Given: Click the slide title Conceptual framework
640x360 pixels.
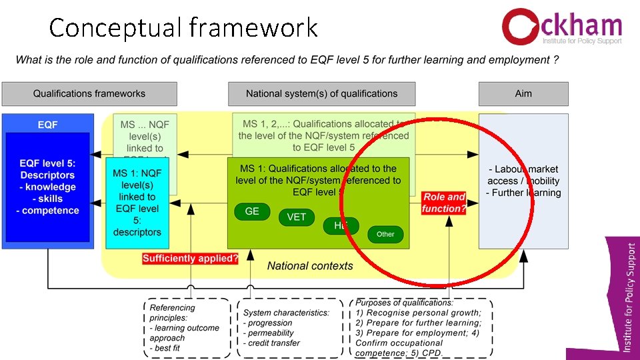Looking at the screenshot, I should [x=183, y=28].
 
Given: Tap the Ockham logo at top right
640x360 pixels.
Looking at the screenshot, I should [x=562, y=27].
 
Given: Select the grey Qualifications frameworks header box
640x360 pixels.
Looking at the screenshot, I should [x=89, y=94].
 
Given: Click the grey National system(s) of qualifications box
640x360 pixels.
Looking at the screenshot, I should [x=321, y=94].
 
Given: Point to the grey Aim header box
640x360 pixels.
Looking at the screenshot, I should [x=523, y=94].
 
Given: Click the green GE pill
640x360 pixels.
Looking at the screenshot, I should [x=252, y=212].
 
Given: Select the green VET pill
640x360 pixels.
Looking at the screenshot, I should [x=296, y=217].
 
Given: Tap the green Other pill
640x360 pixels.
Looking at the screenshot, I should [x=385, y=234].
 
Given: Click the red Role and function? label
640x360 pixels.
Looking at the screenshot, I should [x=444, y=203].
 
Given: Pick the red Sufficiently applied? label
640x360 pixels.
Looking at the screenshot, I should [x=190, y=259].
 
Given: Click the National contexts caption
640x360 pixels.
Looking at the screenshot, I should [x=310, y=266].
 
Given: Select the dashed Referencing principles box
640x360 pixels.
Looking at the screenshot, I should [x=186, y=327].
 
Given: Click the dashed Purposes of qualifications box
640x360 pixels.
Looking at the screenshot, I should [x=421, y=327].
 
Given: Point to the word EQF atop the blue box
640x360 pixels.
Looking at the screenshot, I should [x=47, y=125].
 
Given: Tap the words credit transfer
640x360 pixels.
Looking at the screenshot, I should [x=274, y=343].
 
